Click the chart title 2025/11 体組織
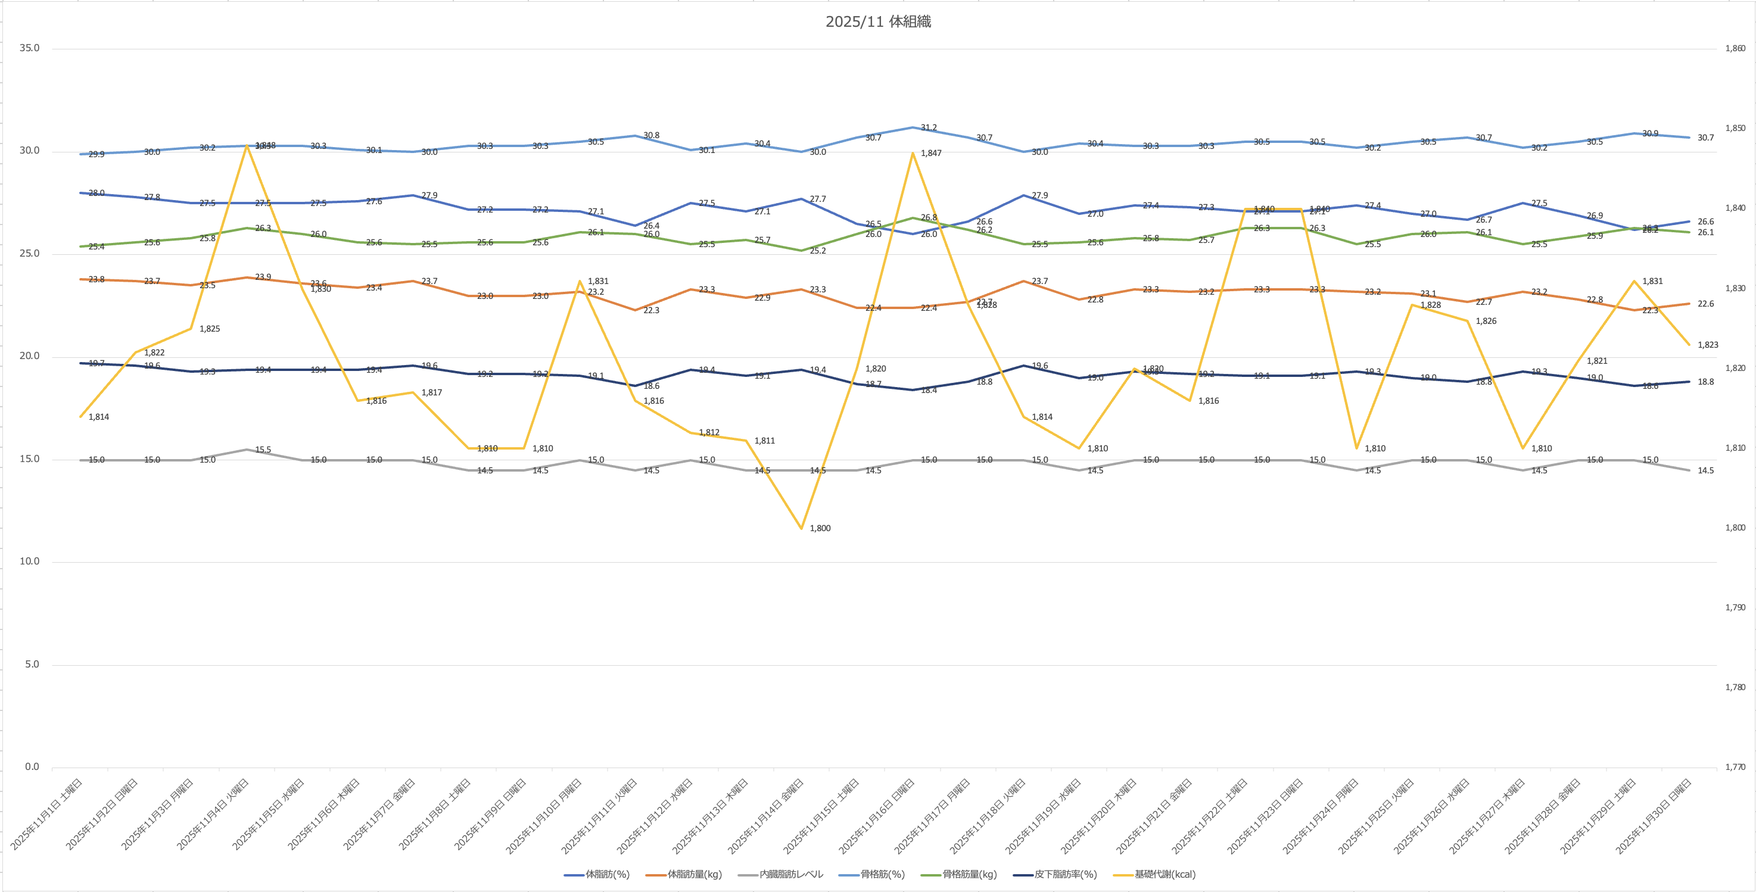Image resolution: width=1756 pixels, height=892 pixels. click(878, 22)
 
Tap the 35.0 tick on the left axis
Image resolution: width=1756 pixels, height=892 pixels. click(29, 48)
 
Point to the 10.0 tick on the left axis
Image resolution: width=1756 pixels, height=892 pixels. click(29, 562)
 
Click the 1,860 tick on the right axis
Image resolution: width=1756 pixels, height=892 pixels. click(1735, 48)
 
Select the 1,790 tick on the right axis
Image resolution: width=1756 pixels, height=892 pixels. click(1735, 607)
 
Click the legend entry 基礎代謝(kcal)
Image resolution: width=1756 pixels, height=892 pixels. click(1165, 874)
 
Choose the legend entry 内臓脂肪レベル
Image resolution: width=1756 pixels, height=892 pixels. click(791, 874)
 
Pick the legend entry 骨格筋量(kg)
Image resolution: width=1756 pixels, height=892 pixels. click(969, 874)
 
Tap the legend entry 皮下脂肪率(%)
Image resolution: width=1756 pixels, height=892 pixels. click(1065, 874)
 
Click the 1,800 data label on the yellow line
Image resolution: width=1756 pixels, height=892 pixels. click(820, 528)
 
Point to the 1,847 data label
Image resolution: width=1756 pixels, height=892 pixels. click(931, 153)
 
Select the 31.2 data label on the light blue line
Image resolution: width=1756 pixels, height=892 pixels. click(929, 127)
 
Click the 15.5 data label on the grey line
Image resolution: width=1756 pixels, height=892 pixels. click(263, 450)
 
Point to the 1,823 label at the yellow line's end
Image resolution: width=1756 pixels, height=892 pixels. click(1708, 345)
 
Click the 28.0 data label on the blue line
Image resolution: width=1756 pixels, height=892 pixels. click(97, 194)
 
